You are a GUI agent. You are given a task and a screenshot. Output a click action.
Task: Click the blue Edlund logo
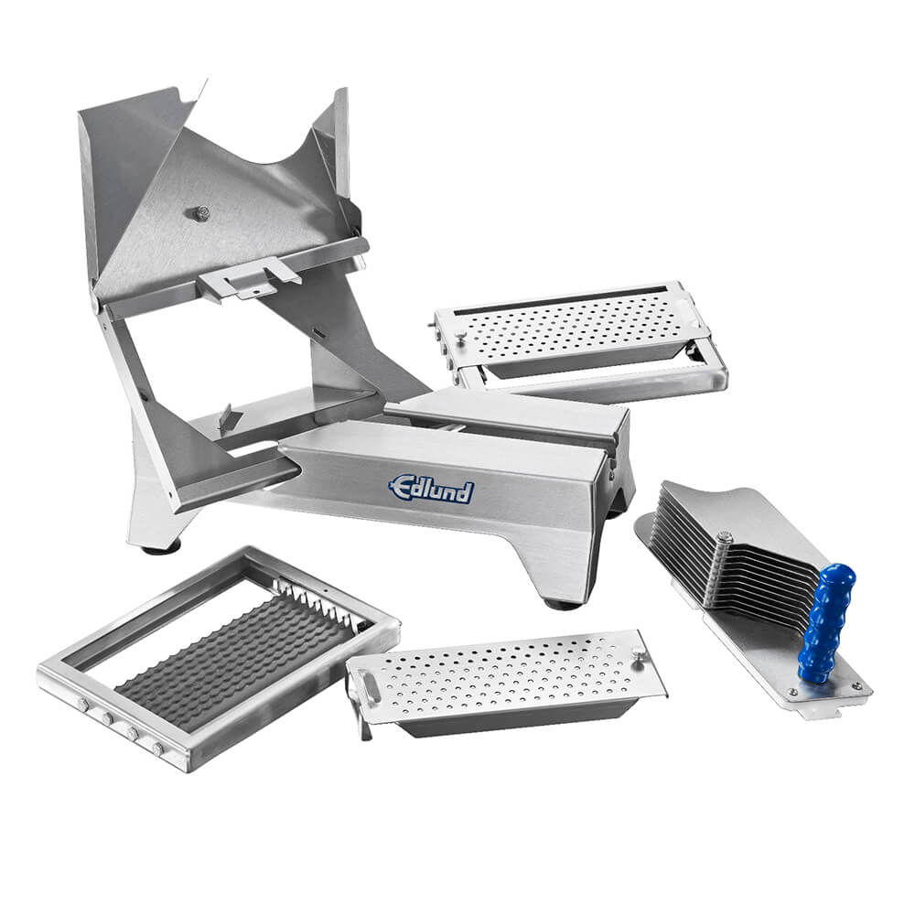pos(431,489)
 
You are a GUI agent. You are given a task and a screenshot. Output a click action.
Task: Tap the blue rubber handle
pos(825,623)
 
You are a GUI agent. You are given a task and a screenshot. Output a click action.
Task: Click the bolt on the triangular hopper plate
pos(200,213)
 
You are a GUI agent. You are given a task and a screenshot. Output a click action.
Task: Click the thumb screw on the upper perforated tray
pos(461,336)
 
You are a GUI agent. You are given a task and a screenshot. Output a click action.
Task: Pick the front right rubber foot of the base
pos(561,603)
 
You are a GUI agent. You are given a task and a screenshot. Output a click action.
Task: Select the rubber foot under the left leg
pos(159,549)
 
